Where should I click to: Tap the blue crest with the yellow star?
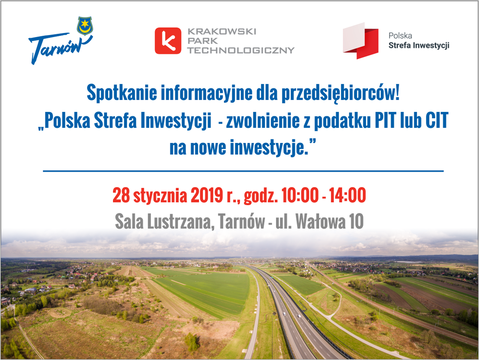tap(85, 26)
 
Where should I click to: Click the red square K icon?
tap(168, 41)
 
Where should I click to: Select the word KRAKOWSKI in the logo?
tap(222, 32)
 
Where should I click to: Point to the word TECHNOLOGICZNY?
tap(241, 50)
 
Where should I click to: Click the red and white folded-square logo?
tap(361, 41)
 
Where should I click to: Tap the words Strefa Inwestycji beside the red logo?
tap(419, 46)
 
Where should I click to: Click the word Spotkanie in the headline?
tap(122, 93)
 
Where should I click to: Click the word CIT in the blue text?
tap(437, 120)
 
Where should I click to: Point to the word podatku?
tap(342, 121)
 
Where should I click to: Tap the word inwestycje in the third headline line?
tap(267, 148)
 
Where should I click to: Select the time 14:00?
tap(347, 195)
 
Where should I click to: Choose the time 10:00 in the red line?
tap(300, 195)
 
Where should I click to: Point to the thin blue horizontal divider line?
tap(243, 171)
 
